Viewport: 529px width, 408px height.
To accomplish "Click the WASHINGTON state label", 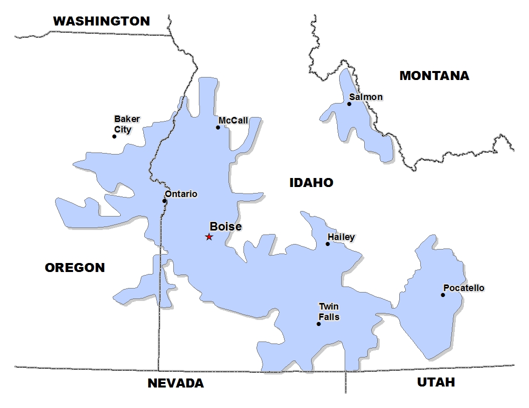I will tap(101, 21).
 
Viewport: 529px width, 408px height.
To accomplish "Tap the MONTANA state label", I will tap(434, 75).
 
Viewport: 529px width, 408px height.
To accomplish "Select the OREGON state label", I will tap(75, 267).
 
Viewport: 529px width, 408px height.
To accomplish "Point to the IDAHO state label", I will tap(311, 182).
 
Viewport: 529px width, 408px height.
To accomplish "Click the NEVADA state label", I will tap(175, 383).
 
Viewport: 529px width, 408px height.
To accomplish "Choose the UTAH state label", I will tap(436, 382).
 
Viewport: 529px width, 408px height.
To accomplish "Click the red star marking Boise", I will tap(209, 237).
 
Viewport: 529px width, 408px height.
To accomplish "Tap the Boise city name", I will tap(225, 226).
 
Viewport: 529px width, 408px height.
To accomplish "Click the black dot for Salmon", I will tap(349, 104).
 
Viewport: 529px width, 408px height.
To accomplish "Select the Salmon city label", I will tap(366, 96).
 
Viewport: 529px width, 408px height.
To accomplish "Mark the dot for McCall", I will tap(218, 127).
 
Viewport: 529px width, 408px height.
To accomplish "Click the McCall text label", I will tap(233, 120).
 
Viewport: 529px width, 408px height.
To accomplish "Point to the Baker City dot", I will tap(114, 136).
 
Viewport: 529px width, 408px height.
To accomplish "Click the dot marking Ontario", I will tap(164, 201).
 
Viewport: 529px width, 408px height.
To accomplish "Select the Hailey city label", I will tap(341, 237).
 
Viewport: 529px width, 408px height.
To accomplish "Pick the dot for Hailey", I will tap(328, 244).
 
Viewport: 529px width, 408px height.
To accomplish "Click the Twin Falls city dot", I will tap(319, 324).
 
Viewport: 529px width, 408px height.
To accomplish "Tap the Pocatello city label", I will tap(463, 288).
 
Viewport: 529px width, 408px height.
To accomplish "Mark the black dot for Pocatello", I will tap(443, 295).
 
